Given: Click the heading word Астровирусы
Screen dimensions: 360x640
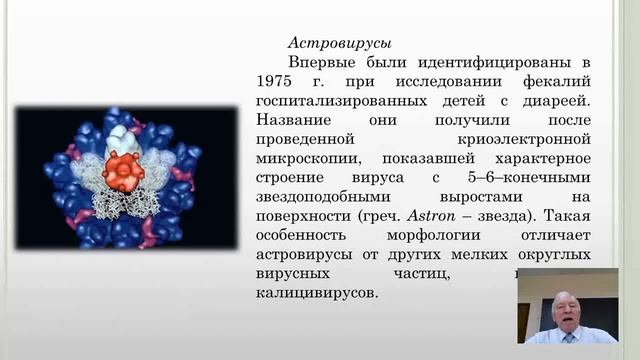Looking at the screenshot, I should click(339, 43).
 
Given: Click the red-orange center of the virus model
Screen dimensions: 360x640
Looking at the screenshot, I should click(124, 170).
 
